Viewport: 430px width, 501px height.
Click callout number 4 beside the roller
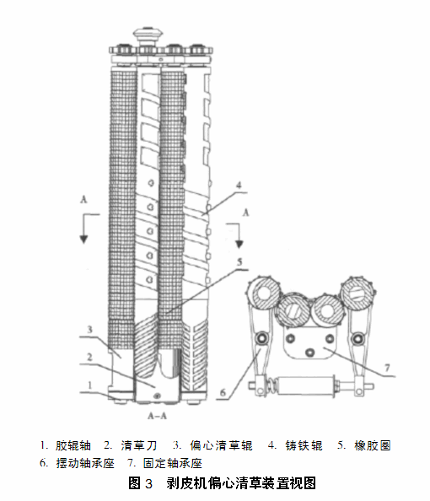[239, 185]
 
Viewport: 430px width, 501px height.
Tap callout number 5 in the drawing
[239, 262]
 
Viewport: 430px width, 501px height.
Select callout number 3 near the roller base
[89, 329]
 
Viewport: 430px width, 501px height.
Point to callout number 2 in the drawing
[89, 357]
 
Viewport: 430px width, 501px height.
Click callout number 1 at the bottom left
[89, 385]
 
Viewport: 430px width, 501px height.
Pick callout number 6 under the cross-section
[223, 392]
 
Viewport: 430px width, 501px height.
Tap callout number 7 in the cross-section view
[387, 368]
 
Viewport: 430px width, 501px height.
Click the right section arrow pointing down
[239, 235]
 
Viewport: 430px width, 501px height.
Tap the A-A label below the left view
[157, 416]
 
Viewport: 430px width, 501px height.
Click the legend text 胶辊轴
[73, 445]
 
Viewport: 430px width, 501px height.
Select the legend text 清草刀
[139, 445]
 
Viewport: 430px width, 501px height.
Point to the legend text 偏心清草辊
[221, 445]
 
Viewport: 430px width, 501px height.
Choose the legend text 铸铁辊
[304, 445]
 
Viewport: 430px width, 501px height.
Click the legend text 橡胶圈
[373, 445]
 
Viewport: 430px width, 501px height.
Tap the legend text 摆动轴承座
[85, 463]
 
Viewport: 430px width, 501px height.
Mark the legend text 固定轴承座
[173, 463]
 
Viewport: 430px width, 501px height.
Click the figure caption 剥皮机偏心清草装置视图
[241, 483]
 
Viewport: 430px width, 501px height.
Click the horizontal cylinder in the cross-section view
[306, 385]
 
